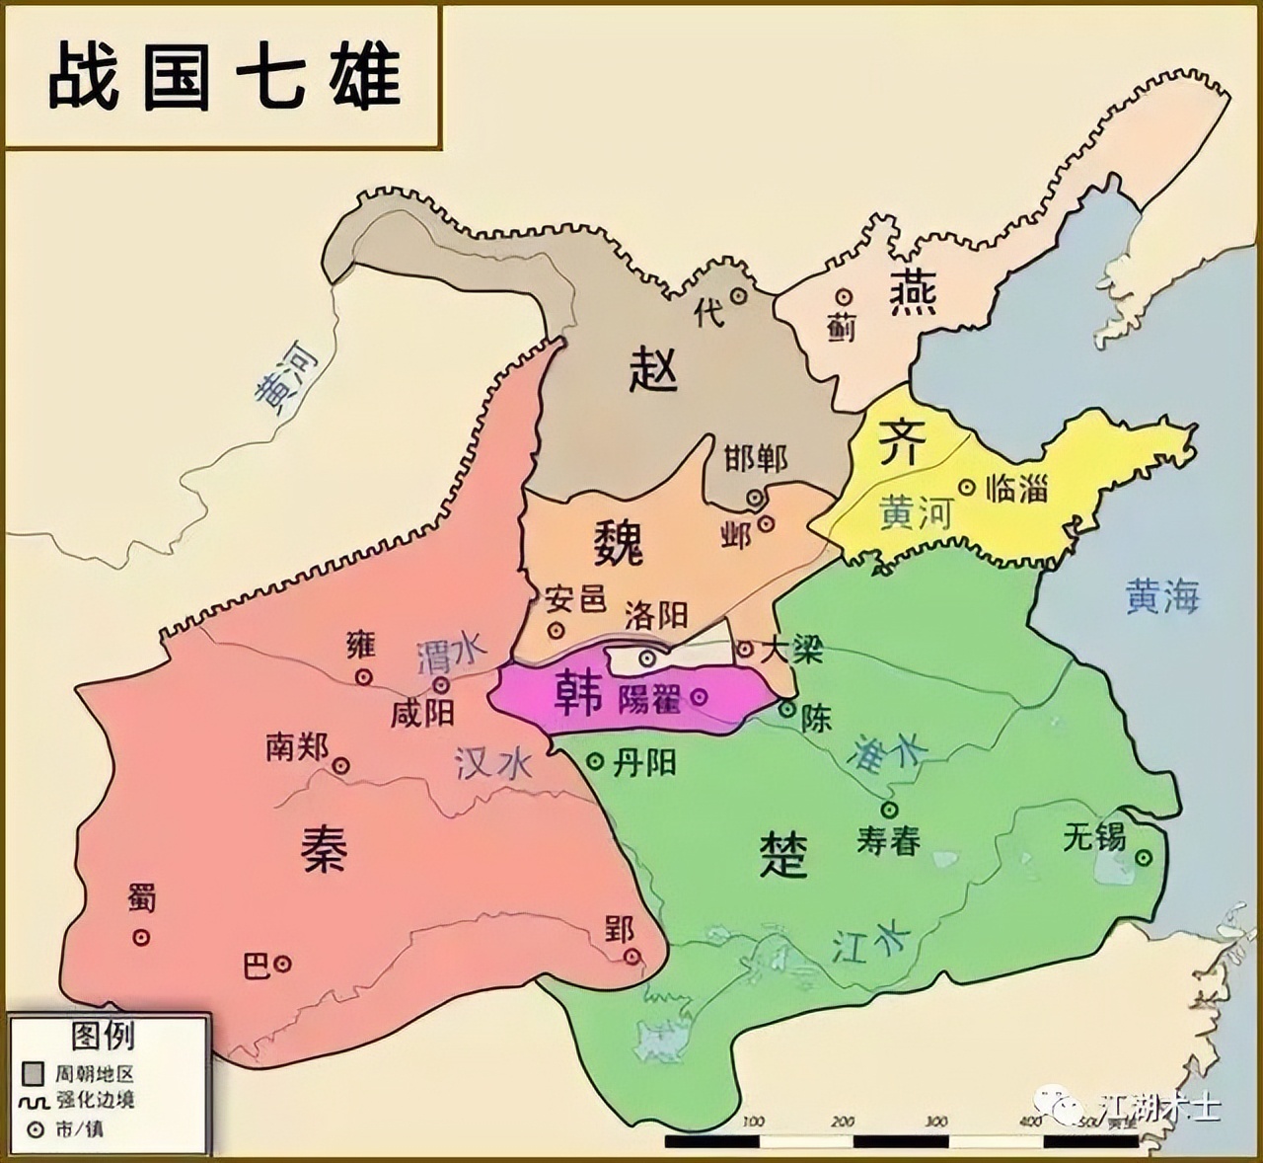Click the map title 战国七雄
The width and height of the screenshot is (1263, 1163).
pos(225,76)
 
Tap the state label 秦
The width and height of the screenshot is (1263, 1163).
pos(323,846)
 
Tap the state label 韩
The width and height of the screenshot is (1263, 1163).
pos(579,694)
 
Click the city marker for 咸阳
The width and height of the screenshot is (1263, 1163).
pos(442,684)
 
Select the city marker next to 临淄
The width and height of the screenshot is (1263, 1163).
pos(967,487)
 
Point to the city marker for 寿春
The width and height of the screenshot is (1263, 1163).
pos(889,810)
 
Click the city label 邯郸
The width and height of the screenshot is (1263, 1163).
pos(756,458)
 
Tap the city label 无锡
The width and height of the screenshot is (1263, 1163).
pos(1094,837)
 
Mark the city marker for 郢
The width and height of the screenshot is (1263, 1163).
pos(631,956)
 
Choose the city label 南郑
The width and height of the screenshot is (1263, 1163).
pos(296,747)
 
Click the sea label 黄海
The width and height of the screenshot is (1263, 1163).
pos(1162,596)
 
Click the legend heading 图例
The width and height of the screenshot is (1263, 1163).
pos(103,1036)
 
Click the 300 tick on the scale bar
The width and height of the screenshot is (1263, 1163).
pos(937,1122)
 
